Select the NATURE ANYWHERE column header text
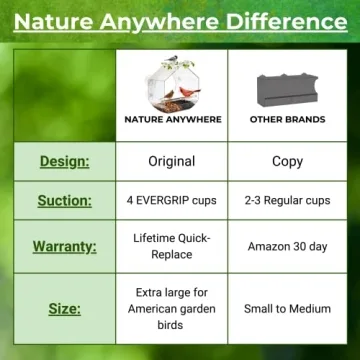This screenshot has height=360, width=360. [171, 120]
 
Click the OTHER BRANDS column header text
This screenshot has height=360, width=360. [287, 120]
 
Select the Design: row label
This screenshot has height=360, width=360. [64, 161]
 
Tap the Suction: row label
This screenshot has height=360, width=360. [64, 200]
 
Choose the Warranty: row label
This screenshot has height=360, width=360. [64, 246]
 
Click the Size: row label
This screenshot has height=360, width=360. [64, 309]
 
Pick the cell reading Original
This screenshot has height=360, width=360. [171, 161]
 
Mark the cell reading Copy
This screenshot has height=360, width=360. [287, 161]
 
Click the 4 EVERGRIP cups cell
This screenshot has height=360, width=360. [171, 200]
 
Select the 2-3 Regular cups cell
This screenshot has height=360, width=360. [287, 200]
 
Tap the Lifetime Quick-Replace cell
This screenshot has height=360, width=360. [171, 246]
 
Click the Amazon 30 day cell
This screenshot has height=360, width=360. [287, 246]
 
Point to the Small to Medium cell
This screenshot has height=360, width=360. [287, 309]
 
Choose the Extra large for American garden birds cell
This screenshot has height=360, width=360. [171, 309]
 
